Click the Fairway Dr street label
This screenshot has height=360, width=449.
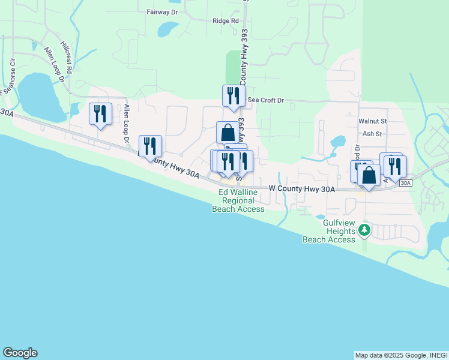pyautogui.click(x=162, y=11)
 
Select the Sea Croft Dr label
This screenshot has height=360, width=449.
pyautogui.click(x=265, y=100)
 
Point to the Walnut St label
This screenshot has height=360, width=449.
pyautogui.click(x=373, y=121)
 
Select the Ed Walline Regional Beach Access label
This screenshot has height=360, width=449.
pyautogui.click(x=238, y=200)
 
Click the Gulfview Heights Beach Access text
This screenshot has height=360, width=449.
pyautogui.click(x=330, y=231)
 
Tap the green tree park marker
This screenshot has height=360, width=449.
pyautogui.click(x=364, y=230)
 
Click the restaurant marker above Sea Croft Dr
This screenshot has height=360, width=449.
pyautogui.click(x=234, y=96)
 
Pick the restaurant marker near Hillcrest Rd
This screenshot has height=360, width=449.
pyautogui.click(x=100, y=114)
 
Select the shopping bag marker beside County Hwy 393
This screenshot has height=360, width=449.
pyautogui.click(x=228, y=133)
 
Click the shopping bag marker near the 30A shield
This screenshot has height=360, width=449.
pyautogui.click(x=369, y=176)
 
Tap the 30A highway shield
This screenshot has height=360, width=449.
pyautogui.click(x=406, y=182)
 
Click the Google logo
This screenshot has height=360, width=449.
pyautogui.click(x=20, y=353)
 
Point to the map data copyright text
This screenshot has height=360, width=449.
pyautogui.click(x=401, y=355)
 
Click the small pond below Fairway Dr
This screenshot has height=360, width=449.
pyautogui.click(x=168, y=29)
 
